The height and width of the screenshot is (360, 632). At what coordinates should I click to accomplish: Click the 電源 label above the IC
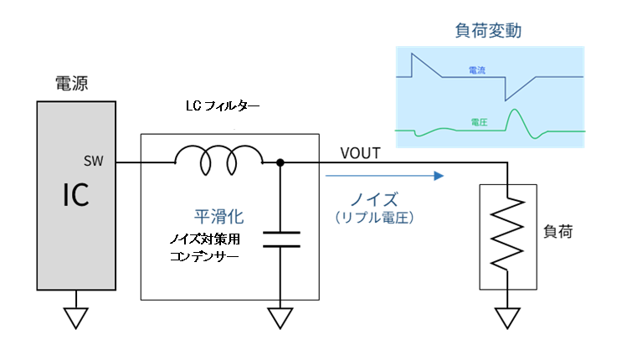point(71,83)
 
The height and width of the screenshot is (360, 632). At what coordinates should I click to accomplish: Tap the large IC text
point(75,195)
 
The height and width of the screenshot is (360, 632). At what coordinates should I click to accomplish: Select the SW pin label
point(93,161)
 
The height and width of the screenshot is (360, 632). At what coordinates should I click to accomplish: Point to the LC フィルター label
point(223,107)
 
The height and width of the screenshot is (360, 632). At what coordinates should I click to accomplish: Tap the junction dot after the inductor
point(280,162)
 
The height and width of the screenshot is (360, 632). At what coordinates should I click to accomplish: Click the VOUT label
point(361,153)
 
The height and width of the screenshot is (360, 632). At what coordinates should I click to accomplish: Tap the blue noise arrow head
point(436,176)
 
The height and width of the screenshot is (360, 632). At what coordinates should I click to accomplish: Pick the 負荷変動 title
point(488,31)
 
